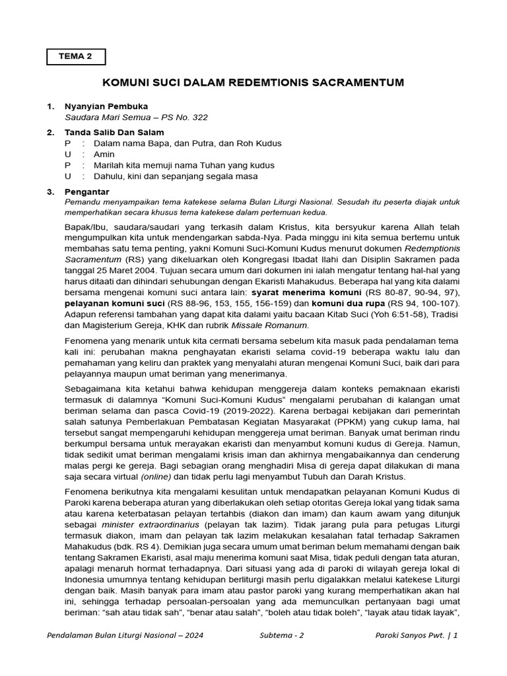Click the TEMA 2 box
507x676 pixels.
pyautogui.click(x=76, y=57)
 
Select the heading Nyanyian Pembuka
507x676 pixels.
pyautogui.click(x=106, y=106)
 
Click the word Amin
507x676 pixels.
pyautogui.click(x=104, y=154)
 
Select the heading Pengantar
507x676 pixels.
pyautogui.click(x=88, y=191)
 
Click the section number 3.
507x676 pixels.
pyautogui.click(x=50, y=191)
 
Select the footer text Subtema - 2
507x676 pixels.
pyautogui.click(x=283, y=635)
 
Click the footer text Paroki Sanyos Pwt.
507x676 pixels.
pyautogui.click(x=409, y=635)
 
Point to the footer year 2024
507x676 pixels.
pyautogui.click(x=192, y=635)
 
